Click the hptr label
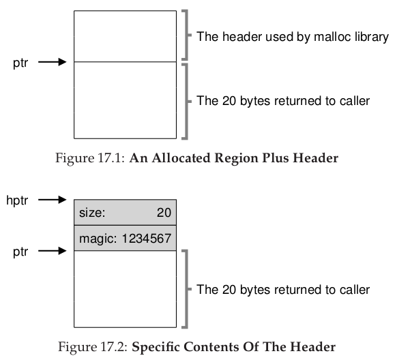coord(17,200)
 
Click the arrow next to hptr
coord(52,200)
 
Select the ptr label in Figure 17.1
coord(20,63)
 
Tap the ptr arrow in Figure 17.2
coord(52,251)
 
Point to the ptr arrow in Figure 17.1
coord(52,62)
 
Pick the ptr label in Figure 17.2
coord(20,252)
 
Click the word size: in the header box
coord(92,213)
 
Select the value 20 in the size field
coord(164,213)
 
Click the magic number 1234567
coord(147,239)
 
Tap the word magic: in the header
coord(98,239)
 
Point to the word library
coord(372,37)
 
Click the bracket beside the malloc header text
coord(187,35)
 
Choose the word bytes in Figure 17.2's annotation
coord(255,290)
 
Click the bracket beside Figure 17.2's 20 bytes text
coord(187,289)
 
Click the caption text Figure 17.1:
coord(90,158)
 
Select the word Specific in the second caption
coord(156,347)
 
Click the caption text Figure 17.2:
coord(93,347)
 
